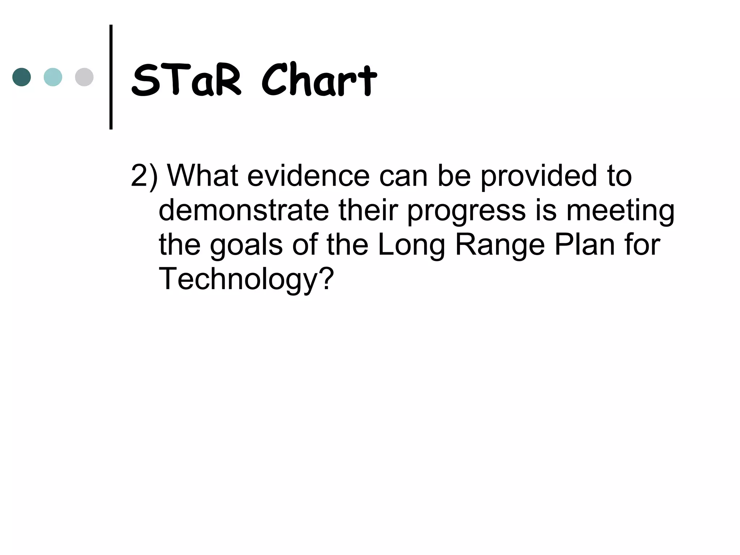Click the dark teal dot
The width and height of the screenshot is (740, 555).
coord(22,77)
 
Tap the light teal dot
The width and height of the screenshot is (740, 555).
coord(53,77)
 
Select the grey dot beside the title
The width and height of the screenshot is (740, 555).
coord(84,77)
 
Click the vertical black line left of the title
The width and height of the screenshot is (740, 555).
coord(111,77)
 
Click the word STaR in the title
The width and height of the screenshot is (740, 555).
coord(186,80)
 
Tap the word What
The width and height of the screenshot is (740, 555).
coord(202,176)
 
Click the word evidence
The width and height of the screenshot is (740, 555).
coord(308,176)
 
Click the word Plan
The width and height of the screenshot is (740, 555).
coord(584,245)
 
